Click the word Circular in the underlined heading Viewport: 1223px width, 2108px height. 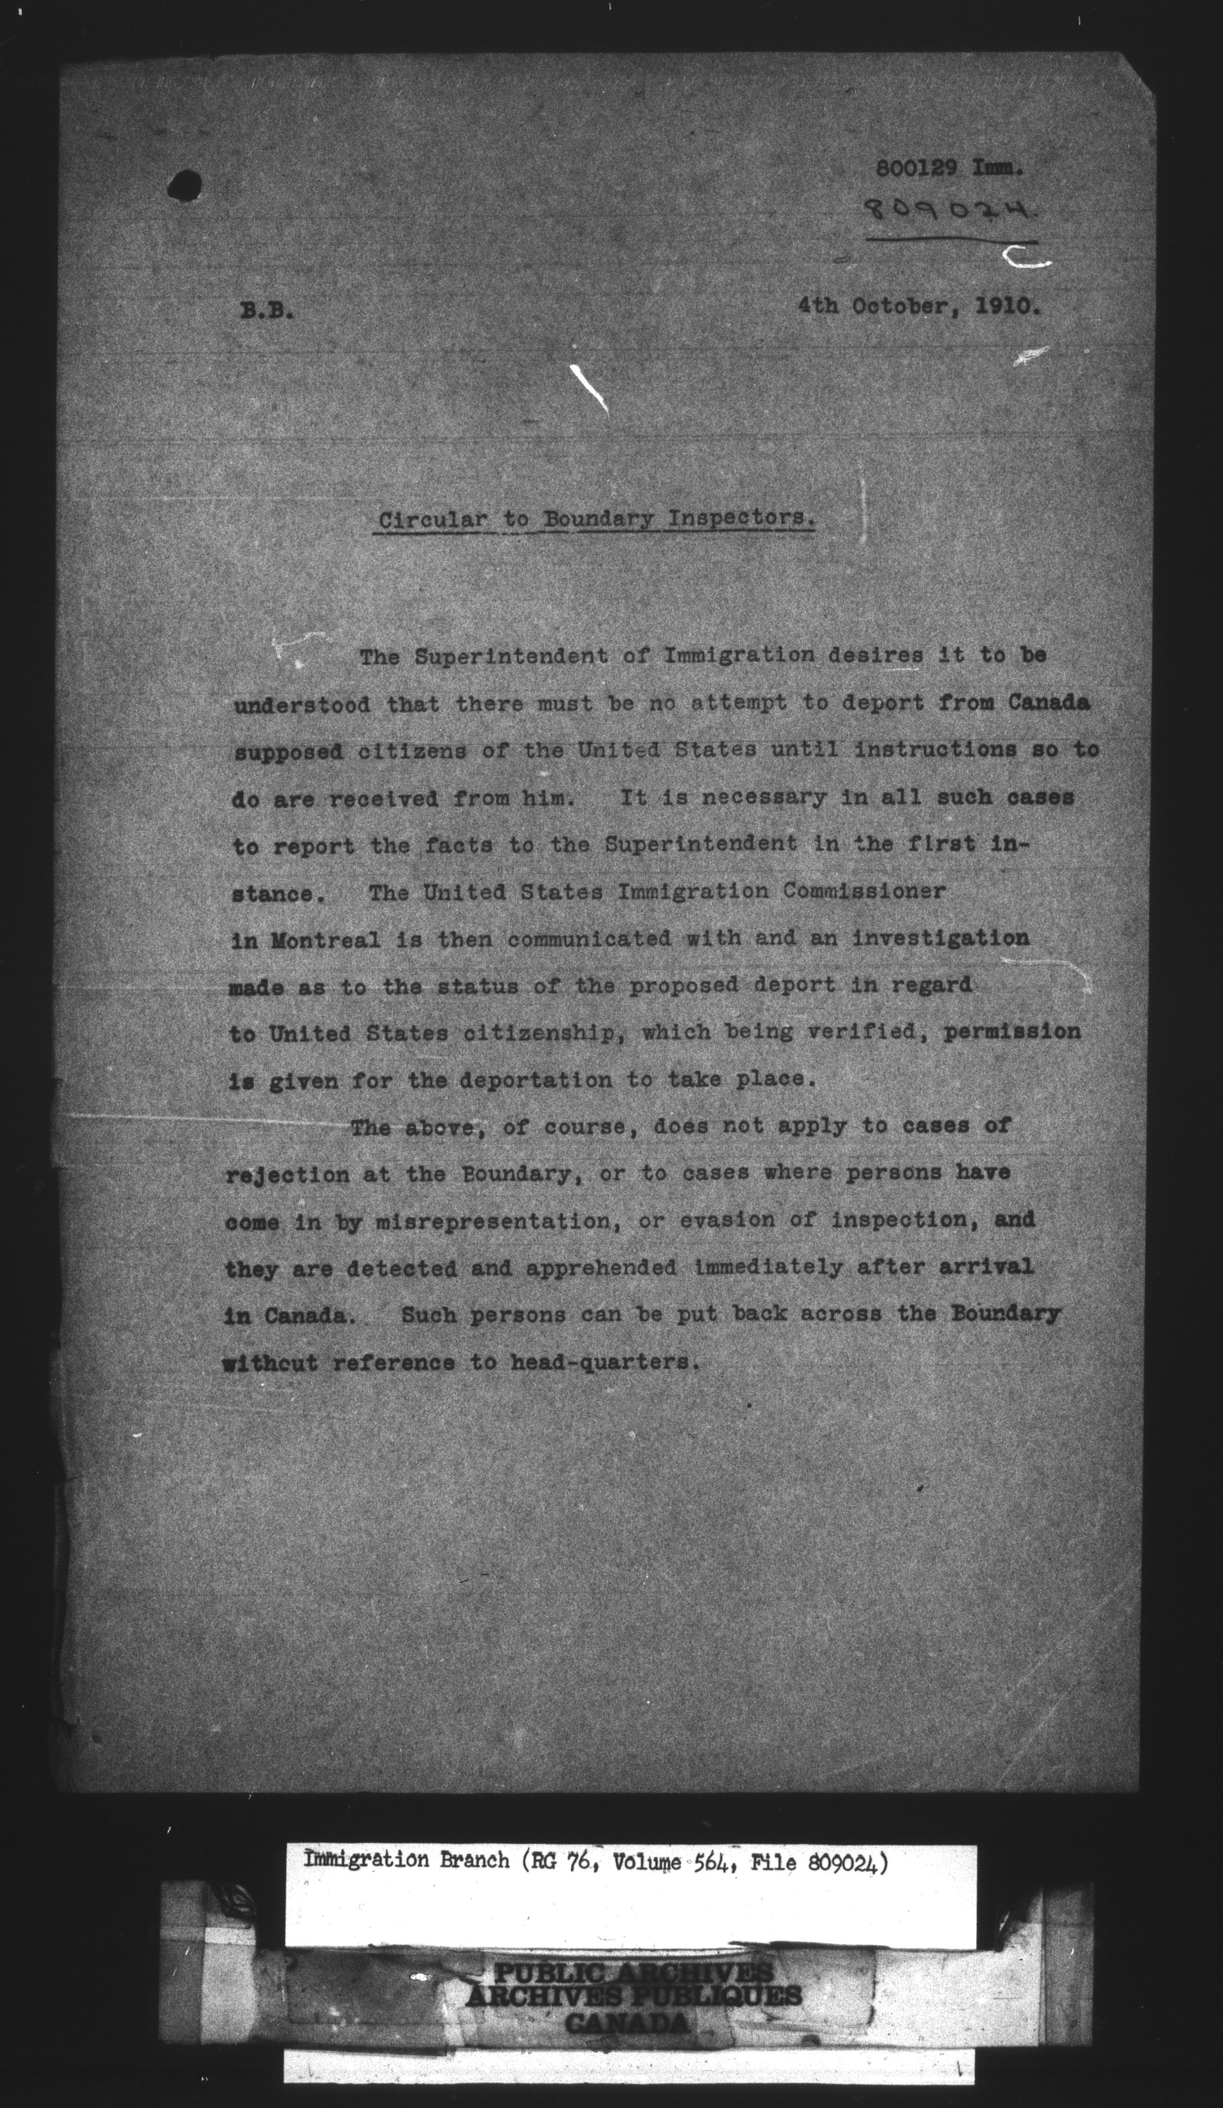pyautogui.click(x=432, y=519)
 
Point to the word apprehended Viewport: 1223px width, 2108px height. pyautogui.click(x=601, y=1267)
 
